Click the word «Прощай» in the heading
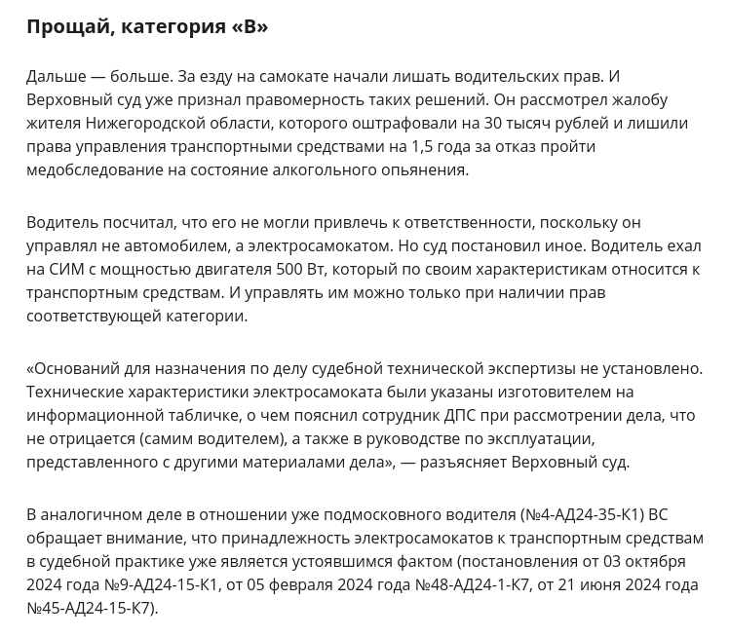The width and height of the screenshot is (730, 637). point(67,27)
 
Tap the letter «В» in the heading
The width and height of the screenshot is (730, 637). point(250,27)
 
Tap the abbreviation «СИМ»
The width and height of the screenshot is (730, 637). point(64,270)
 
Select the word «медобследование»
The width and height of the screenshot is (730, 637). point(92,170)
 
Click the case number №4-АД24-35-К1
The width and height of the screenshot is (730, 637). point(582,515)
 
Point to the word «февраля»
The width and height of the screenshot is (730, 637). point(294,585)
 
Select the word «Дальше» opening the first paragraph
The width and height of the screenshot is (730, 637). point(56,77)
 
